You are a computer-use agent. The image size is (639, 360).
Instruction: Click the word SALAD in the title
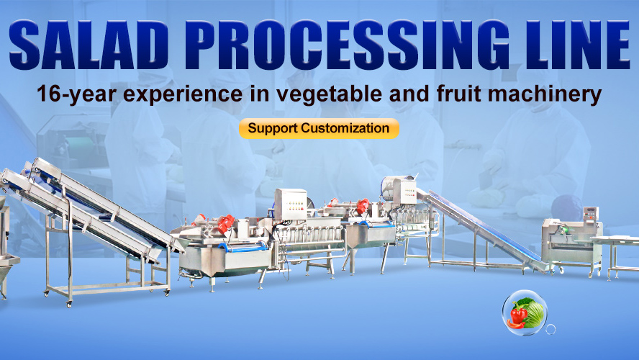click(89, 45)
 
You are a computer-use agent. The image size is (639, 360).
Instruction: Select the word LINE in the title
click(576, 45)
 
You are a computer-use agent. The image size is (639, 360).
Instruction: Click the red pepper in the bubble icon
click(518, 316)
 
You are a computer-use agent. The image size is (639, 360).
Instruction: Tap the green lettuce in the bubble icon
click(532, 312)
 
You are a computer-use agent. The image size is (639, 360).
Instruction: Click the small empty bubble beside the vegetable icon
click(550, 329)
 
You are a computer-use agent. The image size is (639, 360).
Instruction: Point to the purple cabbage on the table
click(567, 207)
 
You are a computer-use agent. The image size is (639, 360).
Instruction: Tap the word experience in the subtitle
click(183, 94)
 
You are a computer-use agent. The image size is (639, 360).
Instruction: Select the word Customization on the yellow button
click(345, 128)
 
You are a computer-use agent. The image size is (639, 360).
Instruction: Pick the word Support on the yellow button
click(273, 129)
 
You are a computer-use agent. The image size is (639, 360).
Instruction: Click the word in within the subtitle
click(259, 94)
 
